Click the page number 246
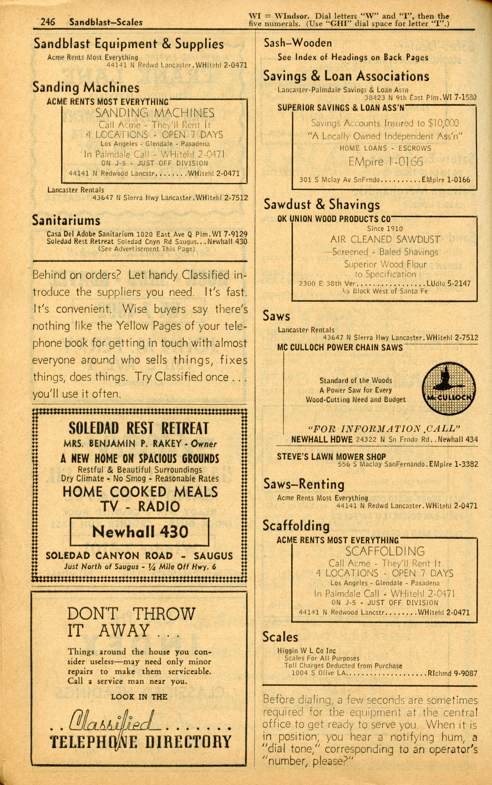pyautogui.click(x=48, y=22)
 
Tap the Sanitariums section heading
pyautogui.click(x=66, y=221)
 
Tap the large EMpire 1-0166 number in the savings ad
pyautogui.click(x=386, y=162)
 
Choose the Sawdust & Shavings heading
pyautogui.click(x=322, y=204)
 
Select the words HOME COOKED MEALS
pyautogui.click(x=140, y=492)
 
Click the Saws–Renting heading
pyautogui.click(x=304, y=484)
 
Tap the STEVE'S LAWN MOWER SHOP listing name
pyautogui.click(x=331, y=457)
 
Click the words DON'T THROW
pyautogui.click(x=131, y=614)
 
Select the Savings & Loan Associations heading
pyautogui.click(x=346, y=76)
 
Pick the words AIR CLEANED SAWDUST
pyautogui.click(x=385, y=240)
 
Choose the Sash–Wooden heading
pyautogui.click(x=297, y=43)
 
